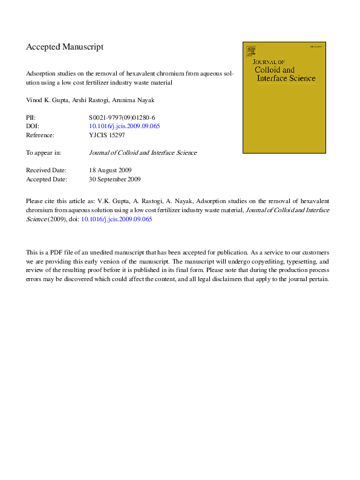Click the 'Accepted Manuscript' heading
pos(65,47)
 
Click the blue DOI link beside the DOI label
pos(124,126)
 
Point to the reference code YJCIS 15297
pos(107,135)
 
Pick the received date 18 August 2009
pos(110,170)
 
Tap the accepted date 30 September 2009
pos(114,180)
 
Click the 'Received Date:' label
pos(46,170)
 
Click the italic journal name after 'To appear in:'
pos(143,153)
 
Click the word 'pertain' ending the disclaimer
pos(317,279)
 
